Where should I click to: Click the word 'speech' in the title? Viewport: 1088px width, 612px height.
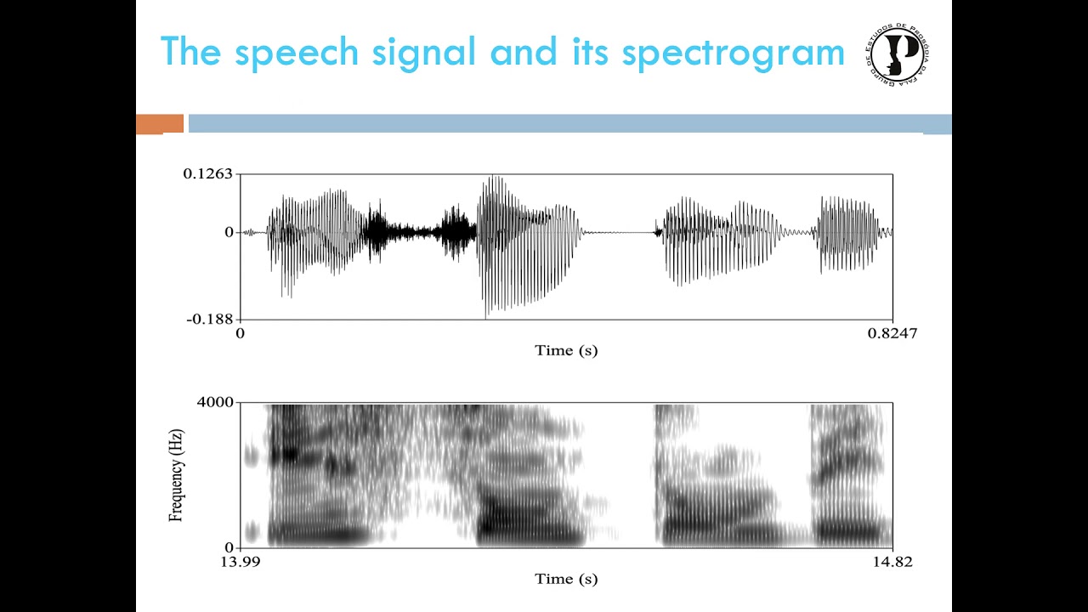point(297,53)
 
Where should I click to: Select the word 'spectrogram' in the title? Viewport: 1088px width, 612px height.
point(733,53)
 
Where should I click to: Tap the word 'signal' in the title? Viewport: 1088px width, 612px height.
point(423,53)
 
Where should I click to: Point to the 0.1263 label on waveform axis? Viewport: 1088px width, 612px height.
point(207,174)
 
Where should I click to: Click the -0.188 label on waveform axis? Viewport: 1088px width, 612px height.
point(209,319)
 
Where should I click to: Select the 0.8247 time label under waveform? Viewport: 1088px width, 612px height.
point(892,333)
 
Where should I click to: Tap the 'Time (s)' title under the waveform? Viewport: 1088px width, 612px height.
point(566,350)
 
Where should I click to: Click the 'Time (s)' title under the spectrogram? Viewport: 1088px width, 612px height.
point(566,579)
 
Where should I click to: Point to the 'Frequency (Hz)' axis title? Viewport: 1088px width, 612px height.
point(176,475)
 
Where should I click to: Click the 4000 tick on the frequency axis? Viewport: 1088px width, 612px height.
point(216,402)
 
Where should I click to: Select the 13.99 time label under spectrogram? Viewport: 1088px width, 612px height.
point(240,562)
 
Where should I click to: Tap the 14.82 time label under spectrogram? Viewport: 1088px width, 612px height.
point(892,562)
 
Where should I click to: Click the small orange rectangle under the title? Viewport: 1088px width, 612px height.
point(160,124)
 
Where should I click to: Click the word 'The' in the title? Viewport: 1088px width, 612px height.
point(191,53)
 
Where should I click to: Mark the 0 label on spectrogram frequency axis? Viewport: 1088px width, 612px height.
point(228,547)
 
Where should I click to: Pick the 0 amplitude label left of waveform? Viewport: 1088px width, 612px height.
point(228,232)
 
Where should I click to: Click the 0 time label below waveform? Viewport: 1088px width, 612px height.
point(240,333)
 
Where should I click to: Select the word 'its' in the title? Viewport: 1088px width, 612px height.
point(586,53)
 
